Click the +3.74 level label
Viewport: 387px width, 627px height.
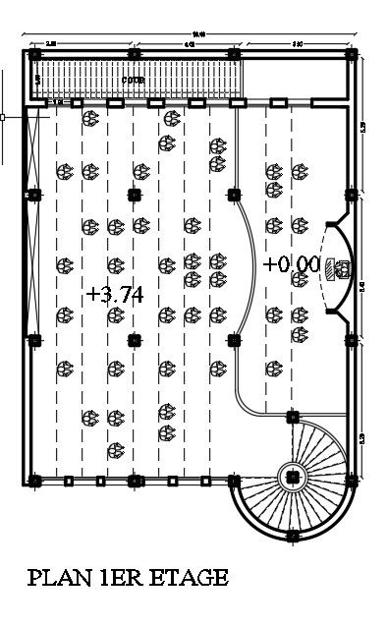coord(117,294)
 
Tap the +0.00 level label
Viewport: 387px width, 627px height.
coord(292,263)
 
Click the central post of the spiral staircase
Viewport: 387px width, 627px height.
coord(292,478)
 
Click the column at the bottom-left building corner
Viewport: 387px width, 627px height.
coord(35,481)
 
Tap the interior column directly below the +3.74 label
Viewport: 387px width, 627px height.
coord(134,340)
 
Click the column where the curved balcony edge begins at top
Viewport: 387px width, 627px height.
coord(235,194)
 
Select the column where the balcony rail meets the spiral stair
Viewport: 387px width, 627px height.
coord(292,416)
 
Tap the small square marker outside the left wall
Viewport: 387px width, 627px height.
coord(3,117)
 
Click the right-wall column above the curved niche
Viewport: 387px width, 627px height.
coord(352,194)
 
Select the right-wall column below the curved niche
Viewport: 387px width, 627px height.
coord(352,340)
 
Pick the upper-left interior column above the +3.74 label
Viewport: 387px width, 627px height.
coord(134,194)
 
